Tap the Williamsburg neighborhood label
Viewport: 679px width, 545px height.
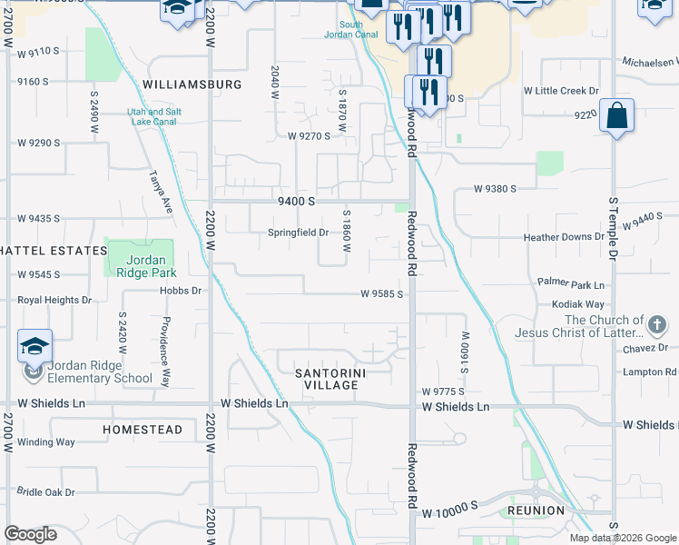pyautogui.click(x=192, y=84)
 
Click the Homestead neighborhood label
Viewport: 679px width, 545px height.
pyautogui.click(x=143, y=430)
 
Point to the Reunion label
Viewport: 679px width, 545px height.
pyautogui.click(x=536, y=510)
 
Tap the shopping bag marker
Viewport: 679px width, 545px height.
pyautogui.click(x=616, y=116)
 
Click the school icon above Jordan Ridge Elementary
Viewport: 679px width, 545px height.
pyautogui.click(x=34, y=346)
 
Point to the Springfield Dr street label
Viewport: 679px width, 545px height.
pyautogui.click(x=298, y=233)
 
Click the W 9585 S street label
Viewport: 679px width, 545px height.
pyautogui.click(x=381, y=294)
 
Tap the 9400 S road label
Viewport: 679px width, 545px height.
pyautogui.click(x=296, y=201)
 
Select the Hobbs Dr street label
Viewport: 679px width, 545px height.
pyautogui.click(x=180, y=291)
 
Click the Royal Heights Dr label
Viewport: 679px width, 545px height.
pyautogui.click(x=55, y=300)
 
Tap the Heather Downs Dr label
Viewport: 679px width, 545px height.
pyautogui.click(x=564, y=237)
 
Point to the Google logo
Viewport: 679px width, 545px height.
pyautogui.click(x=30, y=534)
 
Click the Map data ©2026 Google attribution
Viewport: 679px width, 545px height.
pyautogui.click(x=623, y=538)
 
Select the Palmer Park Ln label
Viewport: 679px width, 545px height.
pyautogui.click(x=570, y=284)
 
